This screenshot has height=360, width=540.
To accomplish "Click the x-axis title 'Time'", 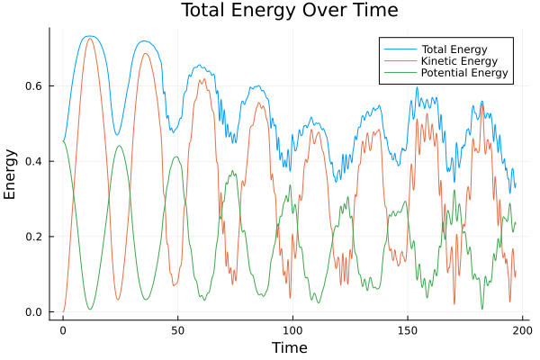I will pos(290,347).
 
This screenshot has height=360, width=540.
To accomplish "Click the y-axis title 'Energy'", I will pos(11,175).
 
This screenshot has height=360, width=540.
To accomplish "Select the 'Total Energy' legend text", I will pos(454,48).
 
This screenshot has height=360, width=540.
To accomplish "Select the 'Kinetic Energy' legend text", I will pos(458,60).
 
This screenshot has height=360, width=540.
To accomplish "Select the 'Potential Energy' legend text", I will pos(464,73).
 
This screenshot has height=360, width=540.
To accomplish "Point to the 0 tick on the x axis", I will pos(63,330).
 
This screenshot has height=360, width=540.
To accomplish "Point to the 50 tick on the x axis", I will pos(177,330).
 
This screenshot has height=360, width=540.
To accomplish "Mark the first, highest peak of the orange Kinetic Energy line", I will pos(89,38).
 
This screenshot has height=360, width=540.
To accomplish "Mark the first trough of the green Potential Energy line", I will pos(90,310).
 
